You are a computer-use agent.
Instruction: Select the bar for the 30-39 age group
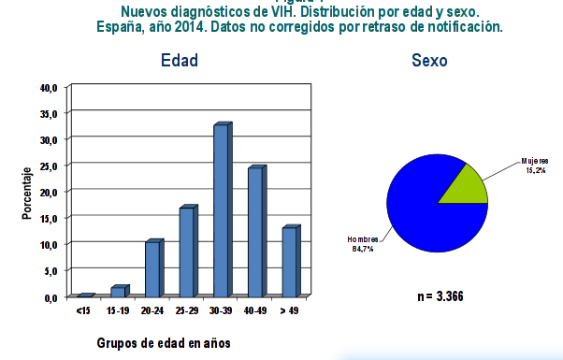point(221,210)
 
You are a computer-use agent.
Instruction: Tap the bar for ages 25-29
point(186,252)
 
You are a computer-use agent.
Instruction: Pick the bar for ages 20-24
point(152,268)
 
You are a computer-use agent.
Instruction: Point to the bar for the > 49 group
point(289,262)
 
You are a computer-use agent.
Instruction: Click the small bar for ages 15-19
point(118,291)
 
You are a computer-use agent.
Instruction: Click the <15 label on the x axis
point(83,309)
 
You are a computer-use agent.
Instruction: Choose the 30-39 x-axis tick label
point(221,309)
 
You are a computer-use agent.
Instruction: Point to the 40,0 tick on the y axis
point(49,87)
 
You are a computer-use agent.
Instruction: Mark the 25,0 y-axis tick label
point(49,166)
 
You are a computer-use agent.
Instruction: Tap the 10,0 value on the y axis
point(49,244)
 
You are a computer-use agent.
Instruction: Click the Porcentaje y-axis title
point(27,193)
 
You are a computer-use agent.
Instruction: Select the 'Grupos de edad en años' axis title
point(164,342)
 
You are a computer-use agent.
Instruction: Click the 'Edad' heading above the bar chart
point(180,61)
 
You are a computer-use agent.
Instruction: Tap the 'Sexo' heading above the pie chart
point(429,61)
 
